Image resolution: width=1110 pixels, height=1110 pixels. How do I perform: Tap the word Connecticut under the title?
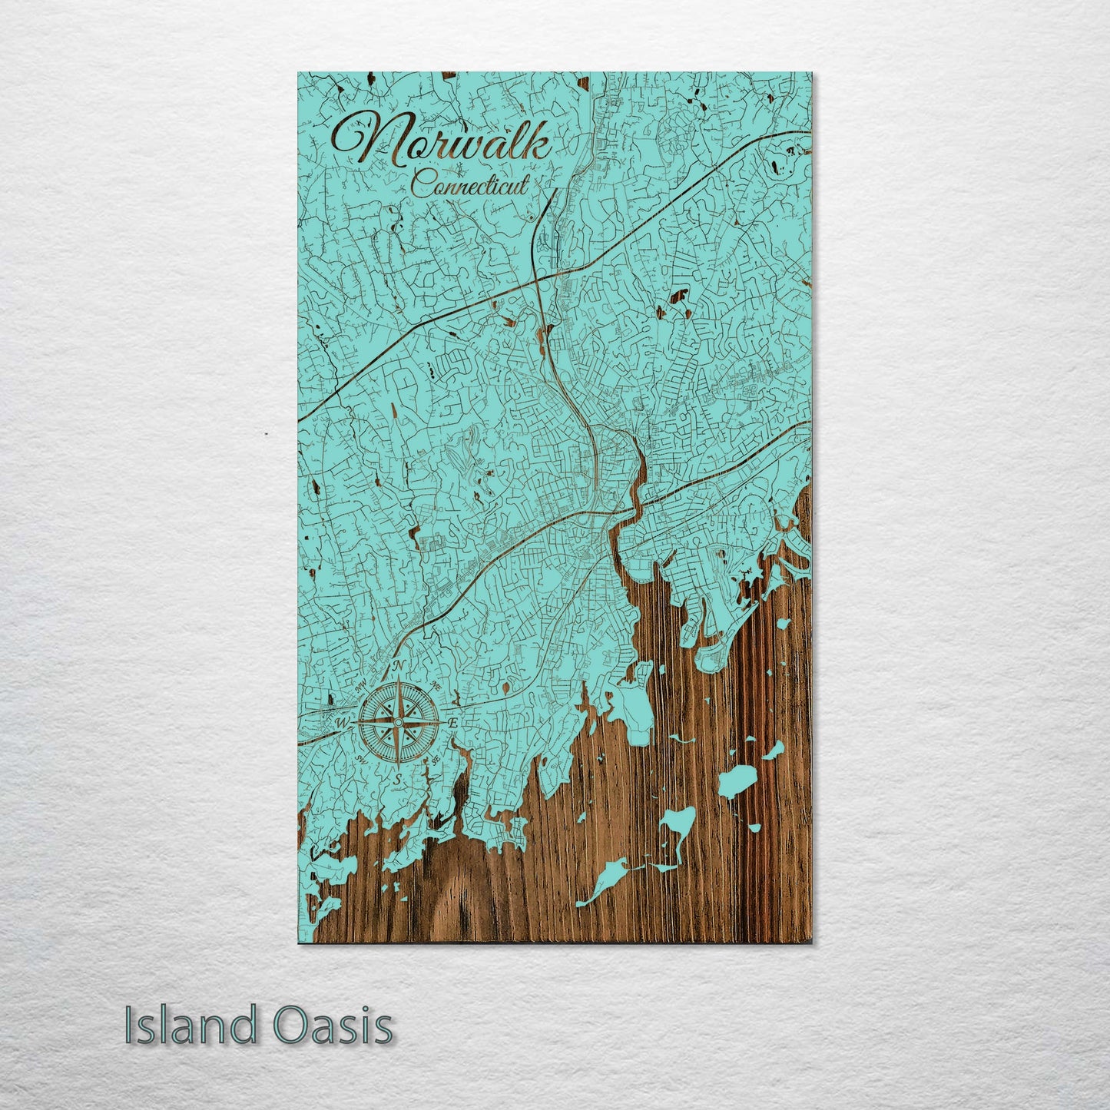[469, 185]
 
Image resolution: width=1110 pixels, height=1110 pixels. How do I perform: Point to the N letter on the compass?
[399, 665]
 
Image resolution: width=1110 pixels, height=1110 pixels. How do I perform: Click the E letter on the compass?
[452, 724]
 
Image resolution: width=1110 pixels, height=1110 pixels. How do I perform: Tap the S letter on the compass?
[398, 780]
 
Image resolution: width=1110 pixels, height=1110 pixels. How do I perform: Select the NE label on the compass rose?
[435, 684]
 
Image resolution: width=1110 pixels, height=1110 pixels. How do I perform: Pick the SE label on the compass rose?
[435, 760]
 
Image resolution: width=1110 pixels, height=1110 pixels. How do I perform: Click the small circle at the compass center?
[399, 723]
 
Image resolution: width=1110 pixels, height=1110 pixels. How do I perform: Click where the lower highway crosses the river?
[635, 509]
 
